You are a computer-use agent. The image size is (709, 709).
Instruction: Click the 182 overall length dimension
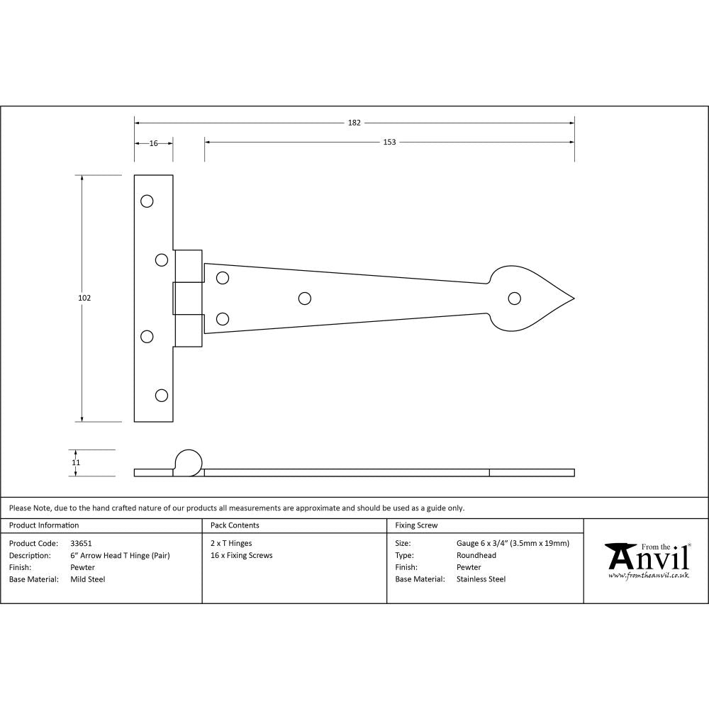(x=354, y=123)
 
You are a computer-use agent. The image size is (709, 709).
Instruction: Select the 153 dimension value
(x=389, y=142)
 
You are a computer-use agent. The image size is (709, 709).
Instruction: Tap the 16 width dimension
(x=153, y=143)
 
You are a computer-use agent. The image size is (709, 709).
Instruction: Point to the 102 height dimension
(x=84, y=298)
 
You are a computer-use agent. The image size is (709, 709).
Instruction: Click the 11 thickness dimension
(x=76, y=462)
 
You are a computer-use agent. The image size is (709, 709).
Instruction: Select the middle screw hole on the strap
(x=305, y=298)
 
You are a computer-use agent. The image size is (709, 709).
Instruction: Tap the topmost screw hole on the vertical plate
(x=147, y=201)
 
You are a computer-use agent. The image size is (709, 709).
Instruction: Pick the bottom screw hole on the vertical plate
(x=162, y=396)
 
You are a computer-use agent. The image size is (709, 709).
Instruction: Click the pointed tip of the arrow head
(x=572, y=298)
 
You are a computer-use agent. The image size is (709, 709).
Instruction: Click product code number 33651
(x=81, y=543)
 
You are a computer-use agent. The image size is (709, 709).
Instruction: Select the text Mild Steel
(x=87, y=579)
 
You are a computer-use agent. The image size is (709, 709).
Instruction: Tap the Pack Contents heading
(x=235, y=525)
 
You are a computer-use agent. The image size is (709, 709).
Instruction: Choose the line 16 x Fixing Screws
(x=241, y=555)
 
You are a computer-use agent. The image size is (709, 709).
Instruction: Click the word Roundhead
(x=476, y=555)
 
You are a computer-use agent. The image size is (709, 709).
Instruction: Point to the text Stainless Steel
(x=481, y=579)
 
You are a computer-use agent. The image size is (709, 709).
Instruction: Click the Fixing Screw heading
(x=416, y=525)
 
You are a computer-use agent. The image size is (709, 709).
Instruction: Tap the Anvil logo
(x=647, y=557)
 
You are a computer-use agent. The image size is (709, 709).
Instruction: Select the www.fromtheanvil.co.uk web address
(x=648, y=576)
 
